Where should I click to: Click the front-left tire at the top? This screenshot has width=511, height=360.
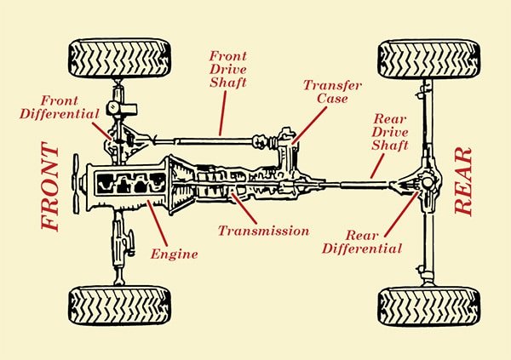pos(119,59)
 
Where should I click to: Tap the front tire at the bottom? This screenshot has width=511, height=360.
pos(119,305)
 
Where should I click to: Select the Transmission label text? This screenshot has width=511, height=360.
pos(263,231)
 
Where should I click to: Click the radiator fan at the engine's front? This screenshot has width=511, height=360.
pos(78,183)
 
